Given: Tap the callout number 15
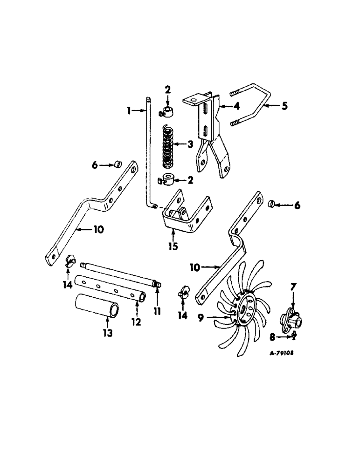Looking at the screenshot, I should tap(173, 247).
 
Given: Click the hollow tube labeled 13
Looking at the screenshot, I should tap(95, 305).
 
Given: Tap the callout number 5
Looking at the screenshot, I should tap(284, 106).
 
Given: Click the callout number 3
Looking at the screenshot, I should tap(190, 145).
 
